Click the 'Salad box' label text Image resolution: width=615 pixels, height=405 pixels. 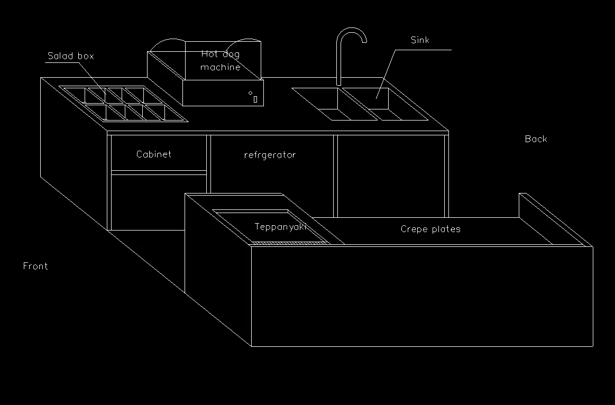tap(70, 56)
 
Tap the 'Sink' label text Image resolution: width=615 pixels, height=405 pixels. tap(420, 40)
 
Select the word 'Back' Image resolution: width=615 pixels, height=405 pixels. tap(536, 139)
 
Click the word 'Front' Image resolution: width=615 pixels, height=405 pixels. tap(35, 266)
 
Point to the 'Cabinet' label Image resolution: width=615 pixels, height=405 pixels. tap(153, 154)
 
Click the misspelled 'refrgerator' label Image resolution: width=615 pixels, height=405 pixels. tap(270, 155)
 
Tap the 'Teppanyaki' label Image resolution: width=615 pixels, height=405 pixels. tap(280, 227)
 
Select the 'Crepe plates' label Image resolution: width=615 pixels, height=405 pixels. tap(430, 229)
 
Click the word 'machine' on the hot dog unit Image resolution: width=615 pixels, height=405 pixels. tap(221, 67)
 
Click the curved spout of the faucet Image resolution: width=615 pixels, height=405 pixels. tap(351, 33)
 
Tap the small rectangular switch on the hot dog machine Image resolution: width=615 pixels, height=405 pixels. tap(255, 99)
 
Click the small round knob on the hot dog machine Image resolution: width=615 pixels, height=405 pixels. tap(250, 93)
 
